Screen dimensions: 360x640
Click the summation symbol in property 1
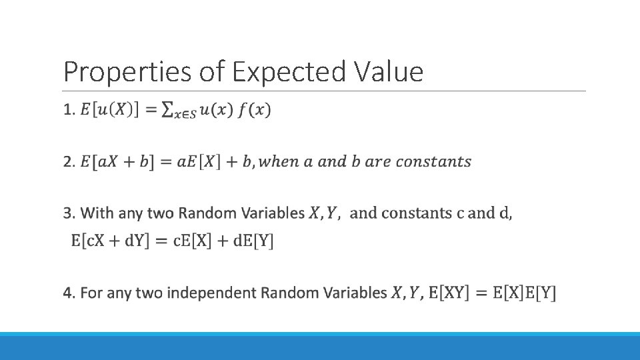click(170, 111)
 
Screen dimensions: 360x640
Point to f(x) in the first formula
click(256, 110)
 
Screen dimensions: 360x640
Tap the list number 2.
click(69, 162)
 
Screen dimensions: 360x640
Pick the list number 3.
click(69, 214)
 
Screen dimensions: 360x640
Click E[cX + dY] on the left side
click(112, 241)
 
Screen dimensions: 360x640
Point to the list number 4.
click(69, 293)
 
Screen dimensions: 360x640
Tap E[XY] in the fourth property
click(449, 293)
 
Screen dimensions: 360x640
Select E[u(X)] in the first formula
click(109, 111)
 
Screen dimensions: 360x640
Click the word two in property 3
click(161, 214)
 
